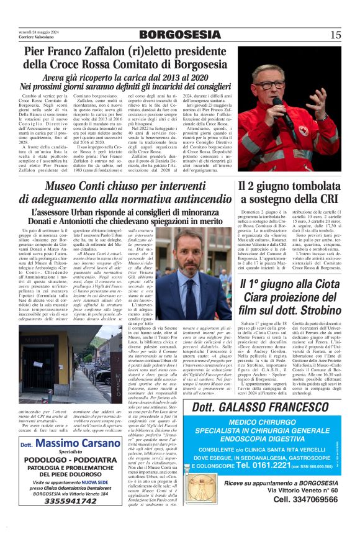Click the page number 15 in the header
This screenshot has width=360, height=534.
pyautogui.click(x=335, y=34)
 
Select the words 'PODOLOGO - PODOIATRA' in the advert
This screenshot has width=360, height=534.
pyautogui.click(x=71, y=461)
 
